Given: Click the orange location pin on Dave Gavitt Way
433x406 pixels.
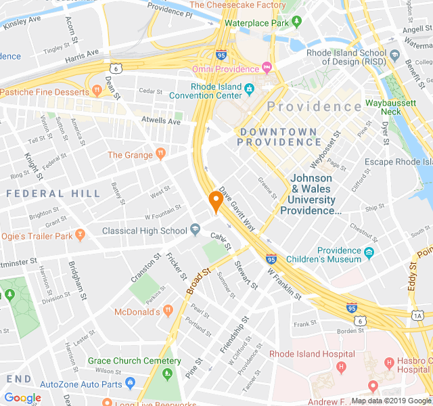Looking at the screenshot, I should (215, 201).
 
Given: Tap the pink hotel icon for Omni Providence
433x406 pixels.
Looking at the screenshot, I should (267, 69).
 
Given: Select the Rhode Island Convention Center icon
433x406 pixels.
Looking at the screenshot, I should (249, 89).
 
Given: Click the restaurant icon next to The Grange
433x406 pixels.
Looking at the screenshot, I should (160, 154).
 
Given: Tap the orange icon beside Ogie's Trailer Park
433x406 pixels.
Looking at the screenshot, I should (80, 235).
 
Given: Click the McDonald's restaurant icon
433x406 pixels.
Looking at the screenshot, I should (167, 311).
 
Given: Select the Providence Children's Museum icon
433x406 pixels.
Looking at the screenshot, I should (369, 254).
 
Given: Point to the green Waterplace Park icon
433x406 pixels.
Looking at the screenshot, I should (296, 23).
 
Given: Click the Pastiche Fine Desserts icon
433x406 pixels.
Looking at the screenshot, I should (87, 91).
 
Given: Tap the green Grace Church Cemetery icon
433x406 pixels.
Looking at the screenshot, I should (170, 373).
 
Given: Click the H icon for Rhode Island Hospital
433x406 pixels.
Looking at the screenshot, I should (341, 367).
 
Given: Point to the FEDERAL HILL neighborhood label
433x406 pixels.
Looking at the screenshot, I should (53, 194).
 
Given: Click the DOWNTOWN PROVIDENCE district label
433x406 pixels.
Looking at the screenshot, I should (279, 137).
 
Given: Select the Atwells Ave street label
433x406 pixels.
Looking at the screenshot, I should (161, 121).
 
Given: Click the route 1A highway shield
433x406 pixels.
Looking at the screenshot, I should (417, 315).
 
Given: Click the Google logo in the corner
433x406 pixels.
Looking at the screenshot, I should (22, 398).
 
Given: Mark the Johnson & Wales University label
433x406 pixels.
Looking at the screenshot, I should (311, 194).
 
